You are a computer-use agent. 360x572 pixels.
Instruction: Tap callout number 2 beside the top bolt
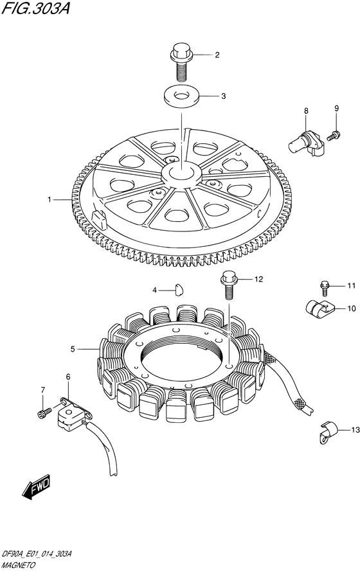(217, 55)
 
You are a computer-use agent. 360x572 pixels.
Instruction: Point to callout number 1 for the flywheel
(49, 199)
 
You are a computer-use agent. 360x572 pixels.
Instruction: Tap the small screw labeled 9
(334, 136)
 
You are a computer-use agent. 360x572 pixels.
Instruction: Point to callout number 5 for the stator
(73, 350)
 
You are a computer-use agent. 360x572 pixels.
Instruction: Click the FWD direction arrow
(36, 487)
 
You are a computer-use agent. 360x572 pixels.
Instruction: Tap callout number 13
(355, 430)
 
